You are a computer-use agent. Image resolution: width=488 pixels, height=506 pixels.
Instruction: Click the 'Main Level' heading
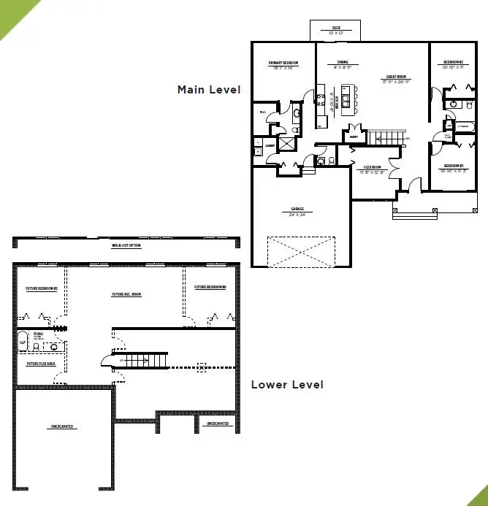[208, 90]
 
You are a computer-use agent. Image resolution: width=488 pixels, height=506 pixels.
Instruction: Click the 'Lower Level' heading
[286, 384]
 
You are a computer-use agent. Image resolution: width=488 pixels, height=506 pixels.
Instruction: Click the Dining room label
[343, 65]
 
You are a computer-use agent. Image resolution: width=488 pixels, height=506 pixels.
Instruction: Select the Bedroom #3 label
[454, 169]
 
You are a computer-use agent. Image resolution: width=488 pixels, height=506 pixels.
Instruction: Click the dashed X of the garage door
[302, 251]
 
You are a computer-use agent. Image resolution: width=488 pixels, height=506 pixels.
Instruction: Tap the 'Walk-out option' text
[126, 245]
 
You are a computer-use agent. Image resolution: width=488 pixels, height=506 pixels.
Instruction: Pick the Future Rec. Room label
[126, 295]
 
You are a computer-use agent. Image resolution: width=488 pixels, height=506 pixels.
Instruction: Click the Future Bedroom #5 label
[42, 288]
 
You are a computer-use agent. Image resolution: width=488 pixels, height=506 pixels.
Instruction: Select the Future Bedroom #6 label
[210, 288]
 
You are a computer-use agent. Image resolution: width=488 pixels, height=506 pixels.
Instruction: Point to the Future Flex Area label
[42, 363]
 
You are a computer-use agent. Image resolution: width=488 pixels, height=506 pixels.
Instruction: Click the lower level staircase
[139, 359]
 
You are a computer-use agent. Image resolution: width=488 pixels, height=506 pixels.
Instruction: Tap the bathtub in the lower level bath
[22, 340]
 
